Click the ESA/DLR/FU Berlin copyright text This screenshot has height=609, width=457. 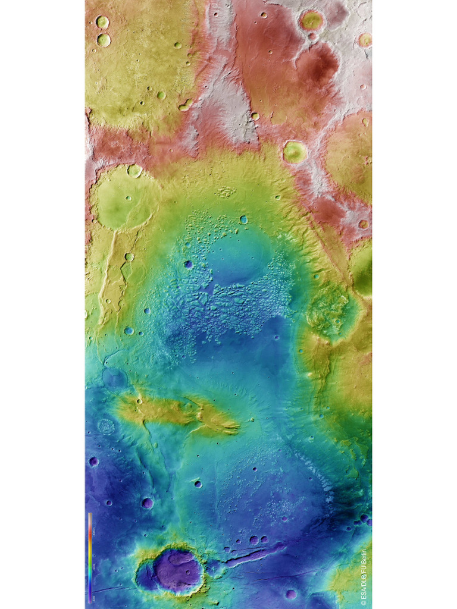point(364,577)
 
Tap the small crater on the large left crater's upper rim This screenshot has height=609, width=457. point(134,171)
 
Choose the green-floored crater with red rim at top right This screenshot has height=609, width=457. point(311,21)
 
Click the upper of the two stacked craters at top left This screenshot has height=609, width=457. point(102,22)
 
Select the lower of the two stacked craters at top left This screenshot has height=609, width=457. point(104,40)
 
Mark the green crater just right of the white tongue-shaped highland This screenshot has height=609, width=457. point(294,152)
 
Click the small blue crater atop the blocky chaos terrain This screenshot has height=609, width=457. point(243,219)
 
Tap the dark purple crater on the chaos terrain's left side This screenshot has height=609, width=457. point(188,264)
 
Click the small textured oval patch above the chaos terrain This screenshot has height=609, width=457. point(226,192)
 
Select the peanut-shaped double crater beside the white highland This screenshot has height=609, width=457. point(185,106)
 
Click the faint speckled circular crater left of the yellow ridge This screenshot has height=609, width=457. point(107,426)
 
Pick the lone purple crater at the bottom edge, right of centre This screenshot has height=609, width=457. point(290,594)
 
